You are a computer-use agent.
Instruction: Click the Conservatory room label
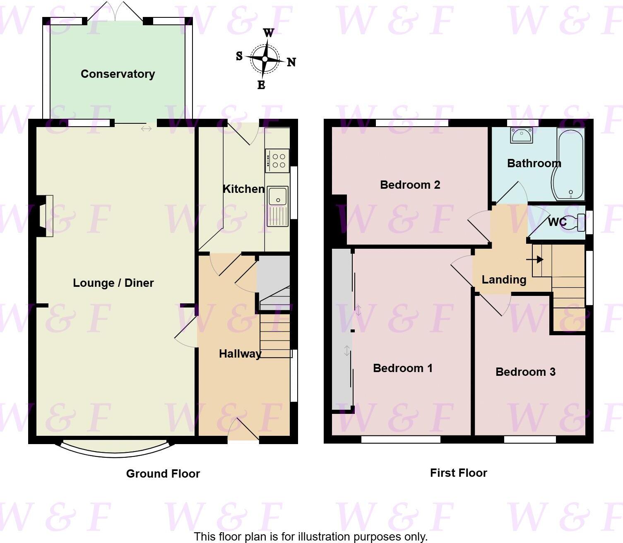click(118, 74)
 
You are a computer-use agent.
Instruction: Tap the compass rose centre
click(265, 59)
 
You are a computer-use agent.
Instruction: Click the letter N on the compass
click(291, 62)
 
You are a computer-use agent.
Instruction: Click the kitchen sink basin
click(278, 196)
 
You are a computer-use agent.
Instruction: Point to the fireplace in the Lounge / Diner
click(46, 216)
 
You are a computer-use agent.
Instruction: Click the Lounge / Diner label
click(113, 283)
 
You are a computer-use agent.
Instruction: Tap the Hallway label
click(240, 354)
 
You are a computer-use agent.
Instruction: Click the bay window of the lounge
click(115, 451)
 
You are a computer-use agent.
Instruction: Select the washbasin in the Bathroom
click(522, 135)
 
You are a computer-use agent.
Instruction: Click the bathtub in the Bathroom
click(571, 163)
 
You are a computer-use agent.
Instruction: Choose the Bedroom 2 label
click(410, 185)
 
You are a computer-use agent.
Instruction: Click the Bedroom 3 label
click(525, 372)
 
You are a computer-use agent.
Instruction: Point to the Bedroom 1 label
click(402, 368)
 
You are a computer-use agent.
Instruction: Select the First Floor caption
click(458, 473)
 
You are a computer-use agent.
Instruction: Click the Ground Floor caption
click(163, 474)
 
